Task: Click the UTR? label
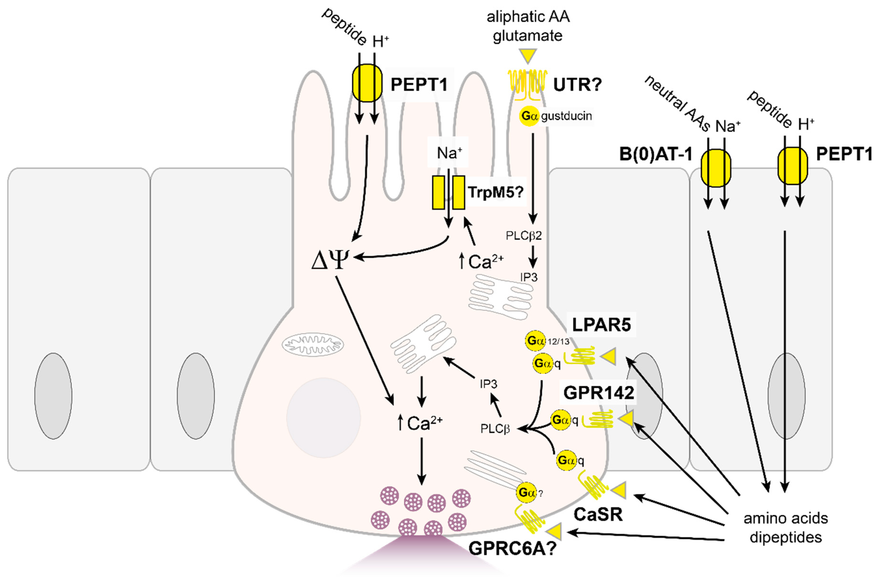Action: tap(577, 85)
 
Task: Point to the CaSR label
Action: tap(598, 514)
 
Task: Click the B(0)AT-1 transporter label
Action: tap(655, 154)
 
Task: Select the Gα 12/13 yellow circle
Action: tap(535, 341)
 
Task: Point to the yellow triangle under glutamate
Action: tap(528, 56)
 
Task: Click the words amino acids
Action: tap(786, 518)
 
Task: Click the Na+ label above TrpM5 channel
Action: tap(449, 153)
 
